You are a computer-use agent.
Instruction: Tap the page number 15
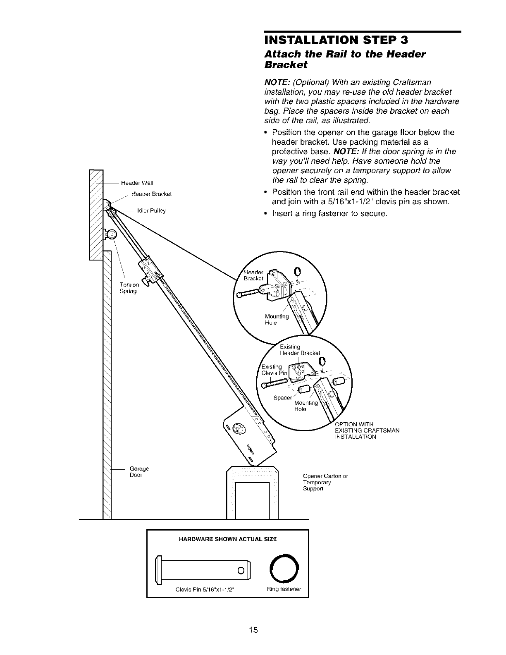253,630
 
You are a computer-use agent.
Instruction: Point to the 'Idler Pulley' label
151,211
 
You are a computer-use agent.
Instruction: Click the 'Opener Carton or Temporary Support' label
325,482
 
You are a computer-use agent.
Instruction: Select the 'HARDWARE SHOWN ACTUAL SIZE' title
228,539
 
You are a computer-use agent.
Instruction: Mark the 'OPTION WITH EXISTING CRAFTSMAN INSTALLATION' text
367,430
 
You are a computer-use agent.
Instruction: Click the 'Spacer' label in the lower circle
282,398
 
